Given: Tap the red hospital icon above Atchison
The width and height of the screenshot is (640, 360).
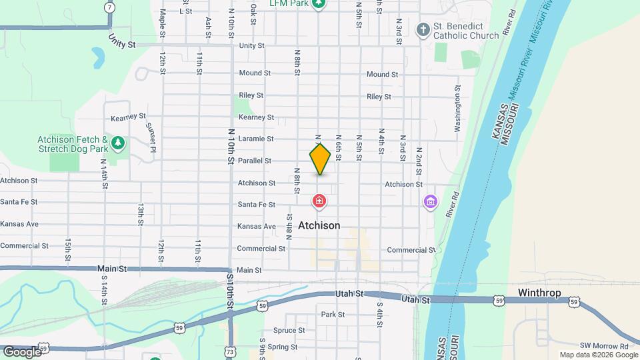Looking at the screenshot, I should pos(319,201).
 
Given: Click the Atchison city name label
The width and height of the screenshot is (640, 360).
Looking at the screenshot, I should pos(319,226).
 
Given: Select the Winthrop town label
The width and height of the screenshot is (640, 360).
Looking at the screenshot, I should pos(539,293).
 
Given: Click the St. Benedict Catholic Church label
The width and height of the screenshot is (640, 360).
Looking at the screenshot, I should pos(466,31).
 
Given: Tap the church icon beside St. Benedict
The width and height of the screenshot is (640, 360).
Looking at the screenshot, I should pos(423,29).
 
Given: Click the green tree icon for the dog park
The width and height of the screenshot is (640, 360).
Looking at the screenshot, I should pos(118,142).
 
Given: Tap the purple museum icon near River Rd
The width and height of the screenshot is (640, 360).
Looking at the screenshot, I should pos(431,201).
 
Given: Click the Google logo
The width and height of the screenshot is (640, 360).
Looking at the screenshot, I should pos(21,351).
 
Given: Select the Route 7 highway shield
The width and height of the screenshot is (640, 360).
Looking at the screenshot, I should pos(109,7).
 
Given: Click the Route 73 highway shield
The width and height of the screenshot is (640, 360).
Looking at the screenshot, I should pos(229,351).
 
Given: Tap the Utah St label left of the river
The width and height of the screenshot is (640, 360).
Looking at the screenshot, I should pos(349,293).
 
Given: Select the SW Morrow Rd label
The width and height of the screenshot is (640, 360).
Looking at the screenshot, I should pos(604,346).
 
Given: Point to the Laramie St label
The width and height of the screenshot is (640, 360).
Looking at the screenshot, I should pos(256,139).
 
